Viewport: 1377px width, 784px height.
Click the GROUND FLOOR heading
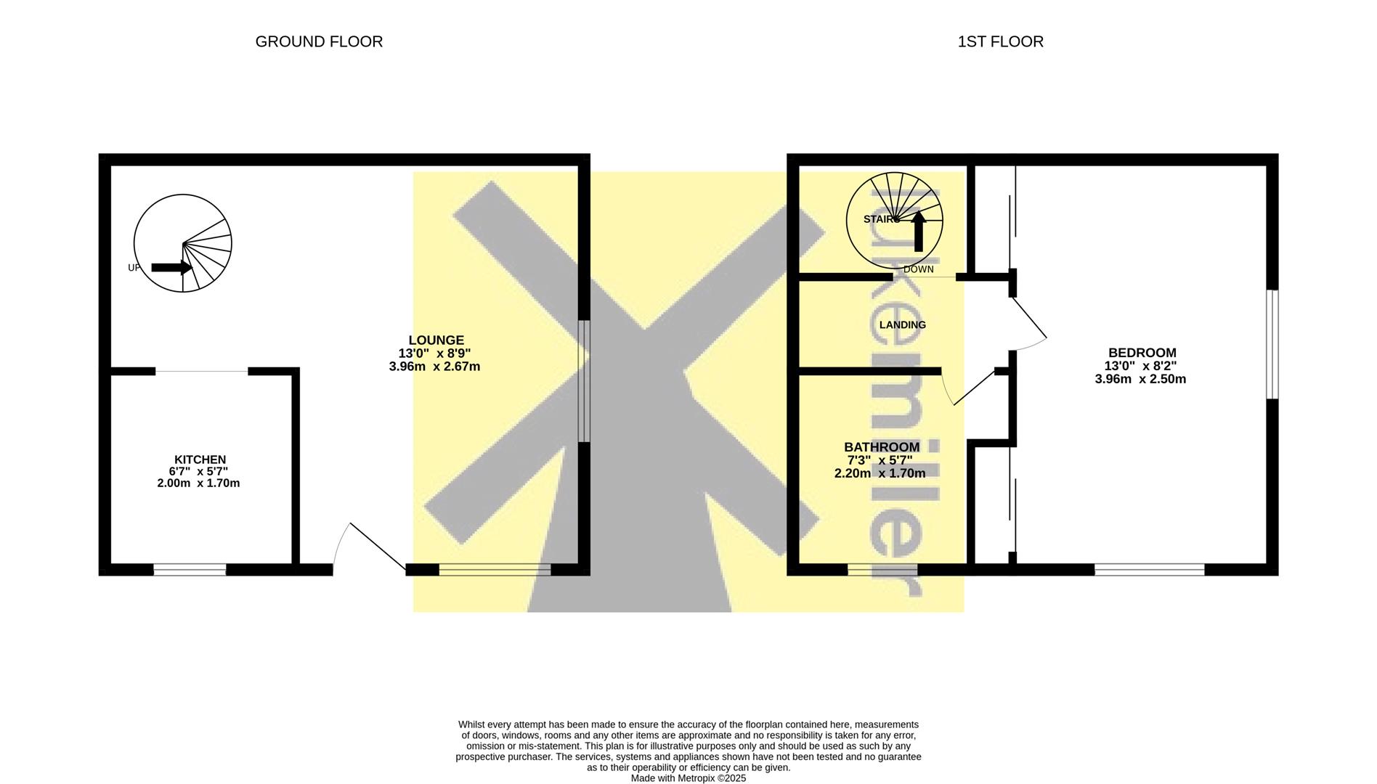point(319,42)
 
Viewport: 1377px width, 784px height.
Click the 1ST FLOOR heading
point(1000,42)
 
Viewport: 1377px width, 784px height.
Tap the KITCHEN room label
point(200,460)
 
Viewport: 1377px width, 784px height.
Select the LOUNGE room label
point(436,340)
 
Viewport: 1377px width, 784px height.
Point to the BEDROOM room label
point(1140,353)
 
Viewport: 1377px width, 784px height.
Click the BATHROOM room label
point(882,447)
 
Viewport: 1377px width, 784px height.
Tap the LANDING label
point(903,324)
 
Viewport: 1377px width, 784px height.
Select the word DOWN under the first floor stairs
point(919,269)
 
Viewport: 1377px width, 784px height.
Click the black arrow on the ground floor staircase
point(171,268)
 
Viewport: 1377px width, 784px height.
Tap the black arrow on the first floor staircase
point(919,231)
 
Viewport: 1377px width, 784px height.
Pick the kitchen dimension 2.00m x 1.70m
point(198,483)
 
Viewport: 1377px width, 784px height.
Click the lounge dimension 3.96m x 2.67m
point(434,367)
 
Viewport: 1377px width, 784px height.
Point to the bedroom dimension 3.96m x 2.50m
point(1140,379)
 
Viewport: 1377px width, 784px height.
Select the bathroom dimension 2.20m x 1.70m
point(880,473)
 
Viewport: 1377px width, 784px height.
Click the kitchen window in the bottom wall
point(190,570)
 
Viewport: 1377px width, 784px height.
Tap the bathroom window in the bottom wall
point(882,570)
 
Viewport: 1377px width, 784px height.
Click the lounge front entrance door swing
point(369,545)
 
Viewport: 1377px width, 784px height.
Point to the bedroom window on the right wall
point(1272,344)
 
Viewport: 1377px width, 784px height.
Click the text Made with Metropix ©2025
point(688,778)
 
